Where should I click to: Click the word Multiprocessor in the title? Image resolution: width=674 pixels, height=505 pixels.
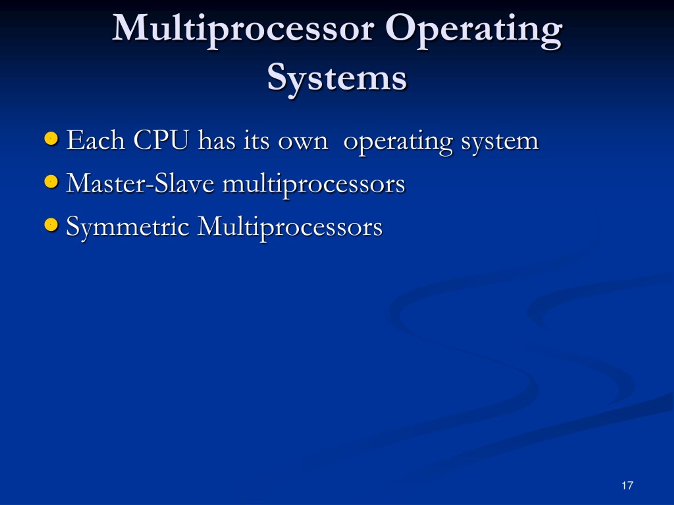[x=243, y=29]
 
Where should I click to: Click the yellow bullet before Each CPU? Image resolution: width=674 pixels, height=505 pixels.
[x=51, y=139]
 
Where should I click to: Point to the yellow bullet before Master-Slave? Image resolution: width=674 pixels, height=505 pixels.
[x=51, y=182]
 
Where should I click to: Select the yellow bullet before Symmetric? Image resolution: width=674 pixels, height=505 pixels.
[x=51, y=225]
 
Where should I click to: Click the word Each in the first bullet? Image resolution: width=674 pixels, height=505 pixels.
[x=95, y=140]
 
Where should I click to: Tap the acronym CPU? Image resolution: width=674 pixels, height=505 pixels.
[x=161, y=140]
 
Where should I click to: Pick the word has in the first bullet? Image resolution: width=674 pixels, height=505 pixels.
[x=217, y=141]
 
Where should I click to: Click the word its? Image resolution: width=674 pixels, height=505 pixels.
[x=256, y=141]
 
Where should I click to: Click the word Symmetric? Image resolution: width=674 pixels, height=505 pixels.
[x=128, y=227]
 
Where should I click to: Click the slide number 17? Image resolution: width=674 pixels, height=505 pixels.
[x=627, y=486]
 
